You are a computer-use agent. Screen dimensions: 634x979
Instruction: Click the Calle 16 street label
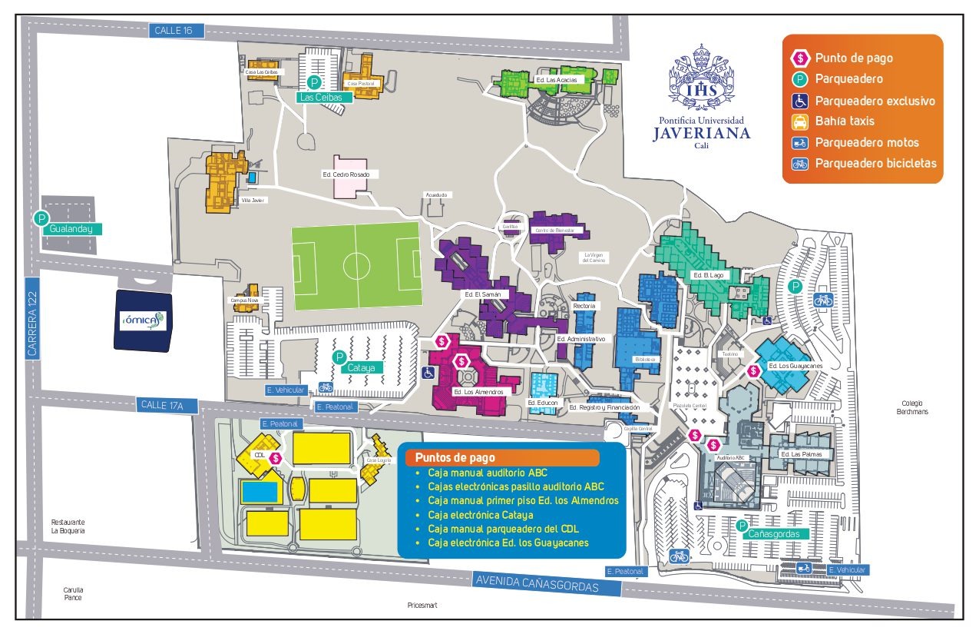[x=176, y=31]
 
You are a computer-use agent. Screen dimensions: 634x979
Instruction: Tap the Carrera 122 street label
[x=32, y=317]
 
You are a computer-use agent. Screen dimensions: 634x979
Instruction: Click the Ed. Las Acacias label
[x=556, y=79]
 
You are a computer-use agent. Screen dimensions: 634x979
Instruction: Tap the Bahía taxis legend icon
[x=800, y=121]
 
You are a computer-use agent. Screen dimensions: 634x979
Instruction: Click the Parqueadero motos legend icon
[x=800, y=142]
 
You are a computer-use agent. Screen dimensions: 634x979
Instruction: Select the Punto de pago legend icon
[x=800, y=58]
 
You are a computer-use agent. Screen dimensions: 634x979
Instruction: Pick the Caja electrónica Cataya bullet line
[x=481, y=514]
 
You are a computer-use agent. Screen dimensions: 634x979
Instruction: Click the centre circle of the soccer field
[x=356, y=266]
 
